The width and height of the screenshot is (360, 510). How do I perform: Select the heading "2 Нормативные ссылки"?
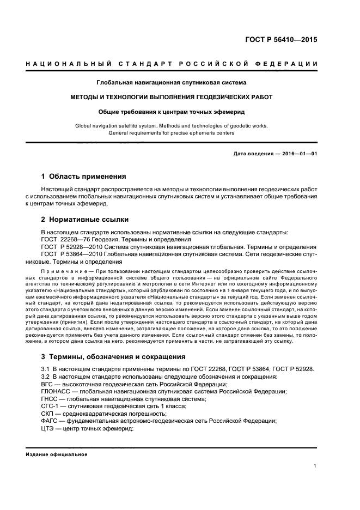(85, 220)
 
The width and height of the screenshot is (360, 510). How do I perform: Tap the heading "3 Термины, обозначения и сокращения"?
(113, 357)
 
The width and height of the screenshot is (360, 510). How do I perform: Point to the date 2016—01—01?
(296, 154)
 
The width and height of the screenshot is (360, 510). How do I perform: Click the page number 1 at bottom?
(315, 466)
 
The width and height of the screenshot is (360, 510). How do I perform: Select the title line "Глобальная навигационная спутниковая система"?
(171, 83)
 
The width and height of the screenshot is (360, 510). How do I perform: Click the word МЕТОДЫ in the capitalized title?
(88, 97)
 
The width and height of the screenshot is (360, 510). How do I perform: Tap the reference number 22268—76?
(77, 240)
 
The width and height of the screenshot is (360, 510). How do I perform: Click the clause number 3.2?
(46, 377)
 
